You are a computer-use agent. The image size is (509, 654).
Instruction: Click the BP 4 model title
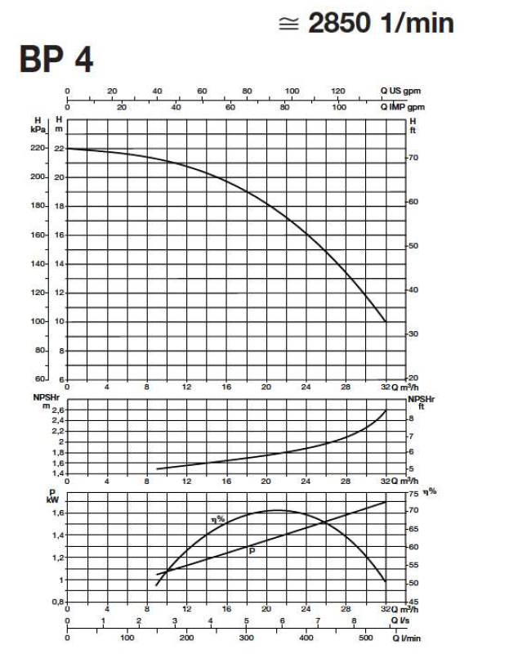click(x=56, y=60)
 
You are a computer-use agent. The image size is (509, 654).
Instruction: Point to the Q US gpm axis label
click(x=400, y=92)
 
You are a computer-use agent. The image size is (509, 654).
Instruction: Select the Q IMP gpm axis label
click(x=401, y=107)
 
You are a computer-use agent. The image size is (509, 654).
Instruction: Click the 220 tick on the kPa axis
click(x=38, y=148)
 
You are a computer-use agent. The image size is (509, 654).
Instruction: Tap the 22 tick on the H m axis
click(x=59, y=148)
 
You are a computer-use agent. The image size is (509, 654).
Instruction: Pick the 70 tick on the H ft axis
click(x=413, y=156)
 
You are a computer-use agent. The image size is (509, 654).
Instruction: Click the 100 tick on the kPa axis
click(x=38, y=321)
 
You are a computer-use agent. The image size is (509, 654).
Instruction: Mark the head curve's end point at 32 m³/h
click(x=386, y=321)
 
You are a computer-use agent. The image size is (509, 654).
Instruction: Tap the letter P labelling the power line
click(x=252, y=551)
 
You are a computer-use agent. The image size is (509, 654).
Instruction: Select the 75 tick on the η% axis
click(x=413, y=495)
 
